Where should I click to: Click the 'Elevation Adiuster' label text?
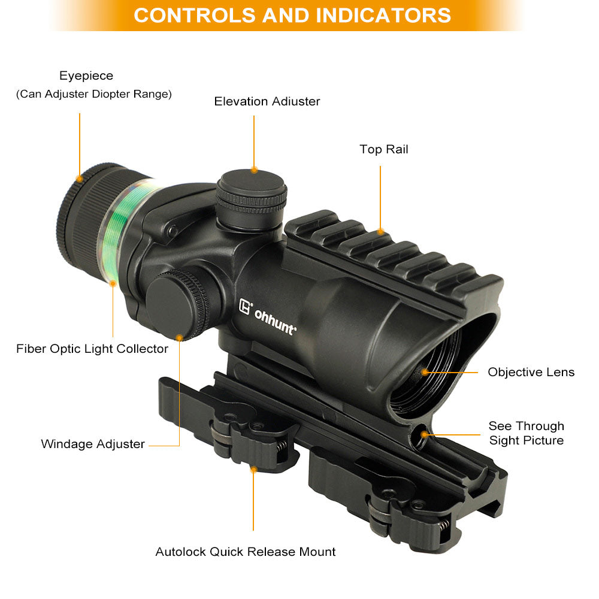[x=267, y=101]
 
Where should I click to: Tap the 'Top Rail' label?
[x=384, y=149]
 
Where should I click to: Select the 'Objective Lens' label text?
[x=531, y=372]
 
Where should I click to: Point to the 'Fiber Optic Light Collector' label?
[x=92, y=349]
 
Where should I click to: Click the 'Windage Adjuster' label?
[x=93, y=444]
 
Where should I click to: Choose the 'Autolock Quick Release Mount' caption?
[x=245, y=552]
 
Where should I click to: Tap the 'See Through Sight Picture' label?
[x=527, y=433]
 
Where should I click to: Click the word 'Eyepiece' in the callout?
[x=86, y=75]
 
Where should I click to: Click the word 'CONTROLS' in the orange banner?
[x=195, y=16]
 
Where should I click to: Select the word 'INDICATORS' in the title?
[x=383, y=16]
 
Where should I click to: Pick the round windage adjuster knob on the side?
[x=177, y=304]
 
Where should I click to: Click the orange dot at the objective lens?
[x=425, y=372]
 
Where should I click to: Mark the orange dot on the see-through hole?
[x=424, y=435]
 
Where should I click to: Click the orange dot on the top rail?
[x=380, y=231]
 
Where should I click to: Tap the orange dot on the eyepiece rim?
[x=80, y=179]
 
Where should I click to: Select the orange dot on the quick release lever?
[x=253, y=470]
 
